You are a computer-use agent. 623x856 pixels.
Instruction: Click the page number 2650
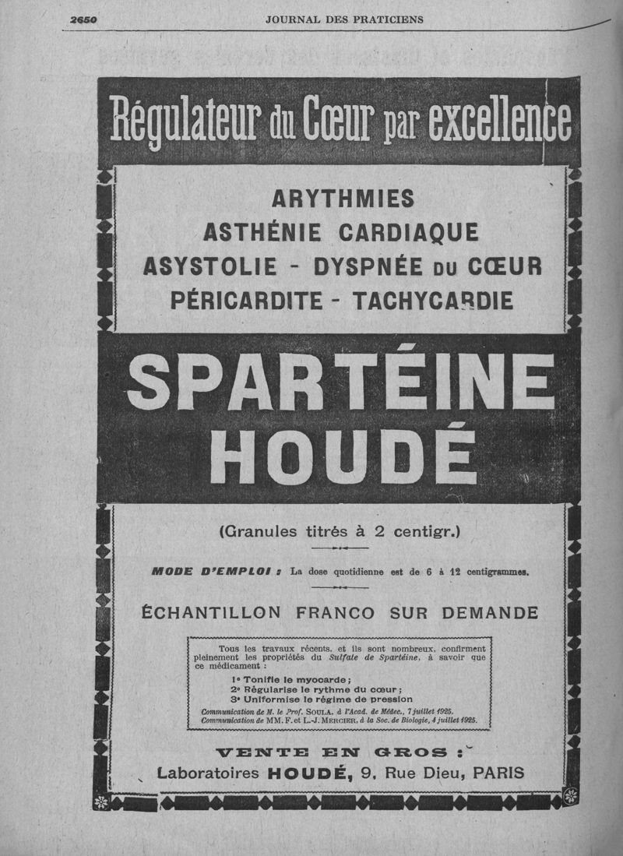pos(83,19)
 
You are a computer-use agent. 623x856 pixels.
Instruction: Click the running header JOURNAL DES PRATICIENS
pos(344,19)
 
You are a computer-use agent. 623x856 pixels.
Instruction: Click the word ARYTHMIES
pos(343,199)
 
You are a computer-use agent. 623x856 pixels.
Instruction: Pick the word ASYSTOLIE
pos(210,266)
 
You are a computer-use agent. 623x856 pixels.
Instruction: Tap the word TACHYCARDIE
pos(432,300)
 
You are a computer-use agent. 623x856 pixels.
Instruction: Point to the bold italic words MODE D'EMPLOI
pos(216,571)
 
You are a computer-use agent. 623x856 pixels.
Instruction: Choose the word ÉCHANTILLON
pos(213,613)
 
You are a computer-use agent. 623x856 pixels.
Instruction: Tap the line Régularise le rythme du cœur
pos(316,689)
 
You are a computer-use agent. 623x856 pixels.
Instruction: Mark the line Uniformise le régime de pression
pos(322,699)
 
